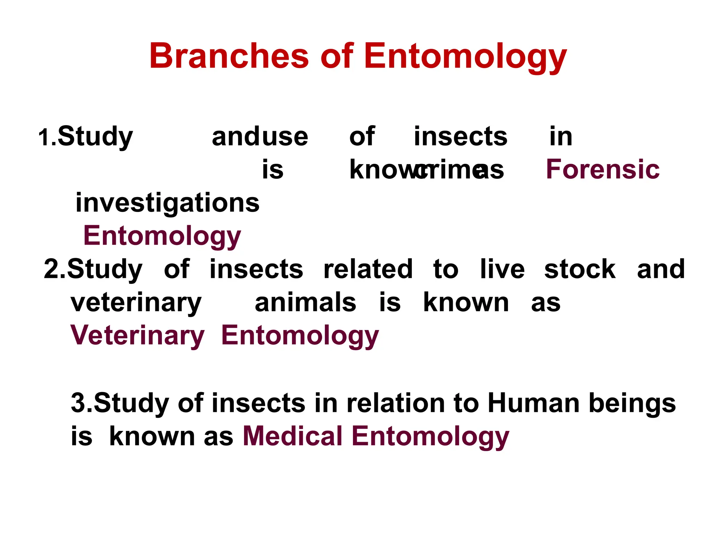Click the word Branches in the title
229,56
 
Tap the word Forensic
603,169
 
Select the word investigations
167,203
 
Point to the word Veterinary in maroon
137,336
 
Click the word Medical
293,436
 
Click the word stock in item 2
580,269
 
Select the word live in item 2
502,269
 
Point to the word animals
305,303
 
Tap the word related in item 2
368,269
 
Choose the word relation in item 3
396,403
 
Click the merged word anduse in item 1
260,137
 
